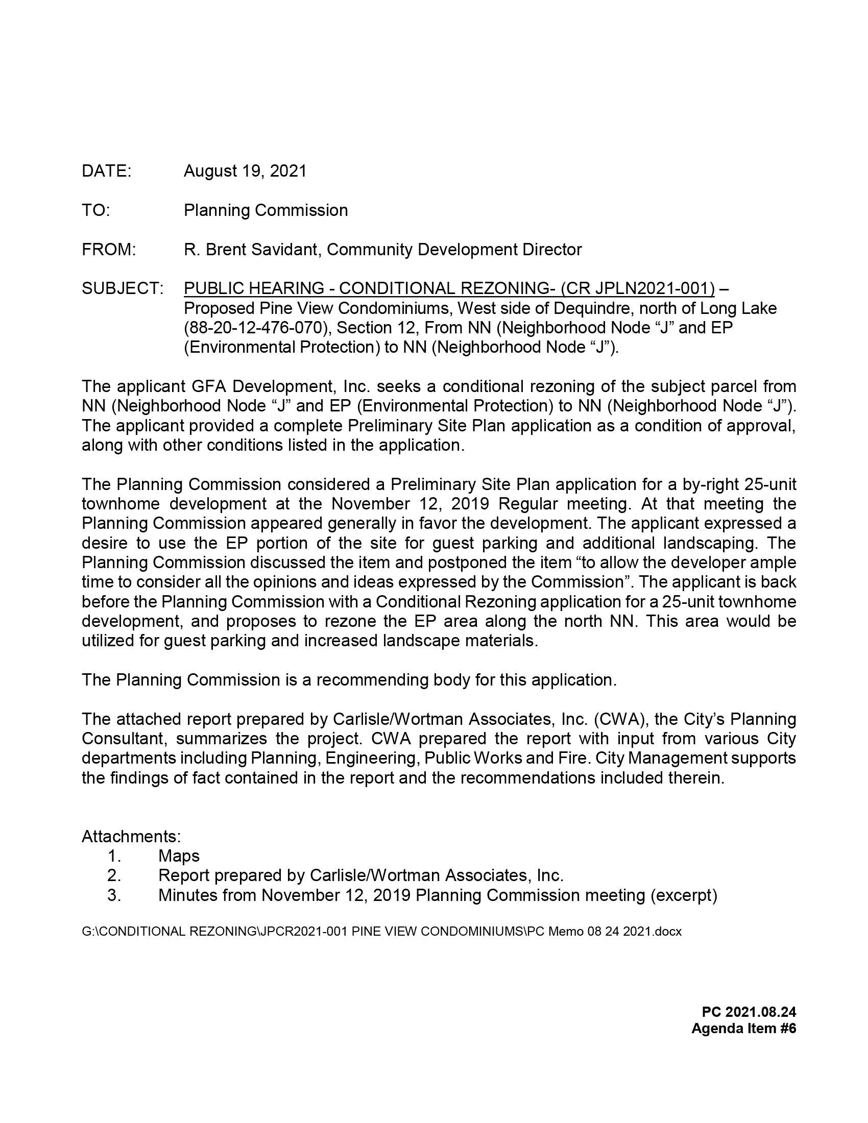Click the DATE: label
106,171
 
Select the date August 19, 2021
245,171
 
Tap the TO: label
95,210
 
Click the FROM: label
108,250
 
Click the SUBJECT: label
123,288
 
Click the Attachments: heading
131,837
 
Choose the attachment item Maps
178,856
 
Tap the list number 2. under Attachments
114,875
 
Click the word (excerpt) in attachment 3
683,895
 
